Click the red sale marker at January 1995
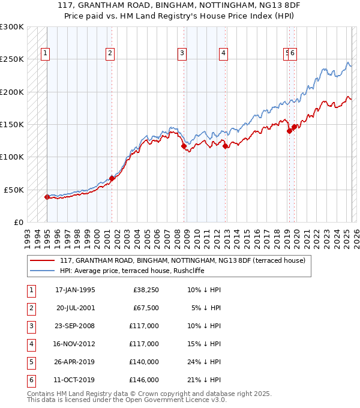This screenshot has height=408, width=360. (47, 197)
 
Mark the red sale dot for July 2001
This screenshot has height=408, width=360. (112, 178)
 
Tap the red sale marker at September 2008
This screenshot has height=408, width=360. (184, 146)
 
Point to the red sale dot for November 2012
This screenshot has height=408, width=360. (225, 146)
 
